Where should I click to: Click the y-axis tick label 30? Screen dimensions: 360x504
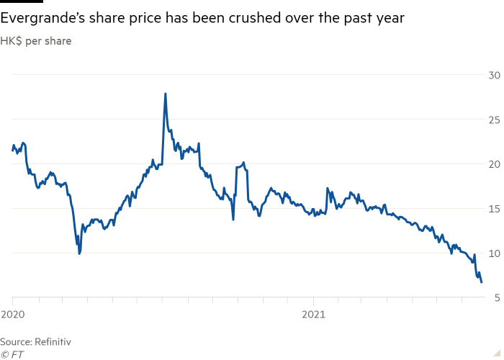click(x=495, y=75)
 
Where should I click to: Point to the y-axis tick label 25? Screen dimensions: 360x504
click(x=495, y=120)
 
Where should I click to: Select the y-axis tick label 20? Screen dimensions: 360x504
click(x=495, y=164)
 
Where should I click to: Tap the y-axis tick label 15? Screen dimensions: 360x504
click(x=495, y=209)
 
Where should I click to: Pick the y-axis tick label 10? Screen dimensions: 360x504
click(x=495, y=253)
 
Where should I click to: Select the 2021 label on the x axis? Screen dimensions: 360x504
click(x=314, y=315)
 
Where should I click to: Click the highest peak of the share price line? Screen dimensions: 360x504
click(x=166, y=94)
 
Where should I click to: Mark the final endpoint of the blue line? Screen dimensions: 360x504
click(x=481, y=282)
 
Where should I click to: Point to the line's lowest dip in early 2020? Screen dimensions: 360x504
click(x=79, y=253)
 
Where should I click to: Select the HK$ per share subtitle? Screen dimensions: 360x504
click(x=36, y=41)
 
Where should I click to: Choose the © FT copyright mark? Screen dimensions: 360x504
click(x=12, y=354)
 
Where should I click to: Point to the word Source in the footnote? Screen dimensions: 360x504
click(x=14, y=341)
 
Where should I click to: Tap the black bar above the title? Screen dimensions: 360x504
click(x=22, y=1)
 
